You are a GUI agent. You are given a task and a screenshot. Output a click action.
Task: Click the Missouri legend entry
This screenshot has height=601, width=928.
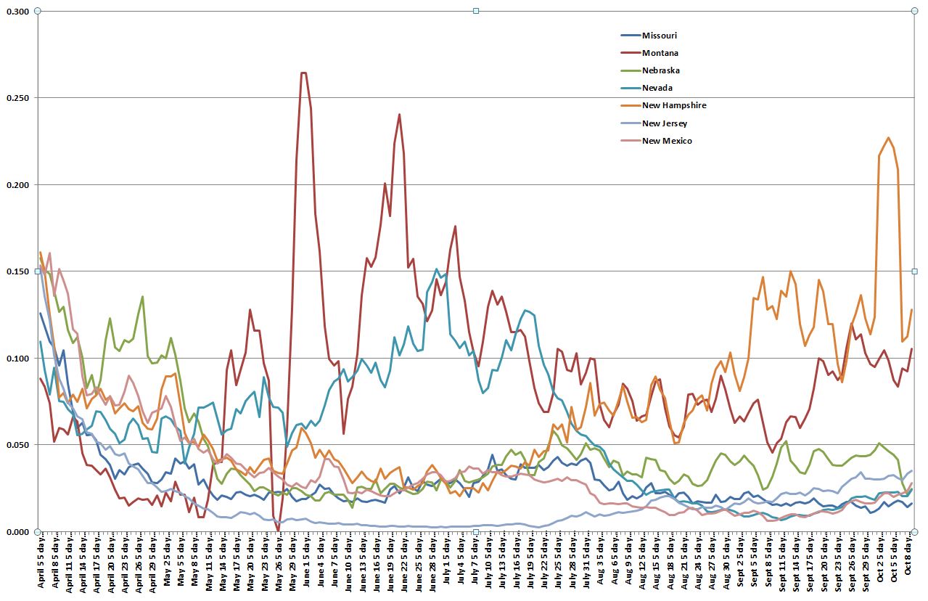(660, 36)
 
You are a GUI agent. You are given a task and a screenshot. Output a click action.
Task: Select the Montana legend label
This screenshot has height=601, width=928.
(660, 53)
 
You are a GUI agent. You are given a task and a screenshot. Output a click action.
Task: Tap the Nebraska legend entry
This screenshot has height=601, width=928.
(660, 70)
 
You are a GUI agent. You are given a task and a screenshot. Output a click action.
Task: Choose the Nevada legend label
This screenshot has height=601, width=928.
(657, 88)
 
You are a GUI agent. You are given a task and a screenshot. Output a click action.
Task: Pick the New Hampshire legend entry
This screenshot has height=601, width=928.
(674, 105)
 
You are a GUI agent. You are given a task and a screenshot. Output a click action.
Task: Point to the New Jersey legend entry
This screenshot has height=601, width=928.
(665, 123)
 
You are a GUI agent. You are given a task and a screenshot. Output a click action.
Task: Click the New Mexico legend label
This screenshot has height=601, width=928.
(667, 141)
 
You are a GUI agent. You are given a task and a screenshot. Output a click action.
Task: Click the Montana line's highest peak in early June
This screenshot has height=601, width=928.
(303, 73)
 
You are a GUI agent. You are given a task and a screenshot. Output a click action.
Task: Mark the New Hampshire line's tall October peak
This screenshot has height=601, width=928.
(888, 137)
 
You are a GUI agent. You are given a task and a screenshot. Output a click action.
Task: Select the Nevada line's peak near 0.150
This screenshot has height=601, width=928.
(437, 269)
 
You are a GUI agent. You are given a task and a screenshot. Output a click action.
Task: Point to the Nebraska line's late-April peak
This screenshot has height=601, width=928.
(142, 296)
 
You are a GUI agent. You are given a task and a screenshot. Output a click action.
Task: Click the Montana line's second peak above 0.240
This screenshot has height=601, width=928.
(399, 114)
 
